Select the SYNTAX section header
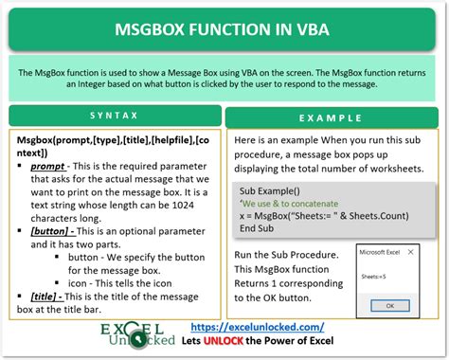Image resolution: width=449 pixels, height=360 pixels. [113, 116]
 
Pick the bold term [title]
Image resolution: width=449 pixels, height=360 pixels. [47, 297]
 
